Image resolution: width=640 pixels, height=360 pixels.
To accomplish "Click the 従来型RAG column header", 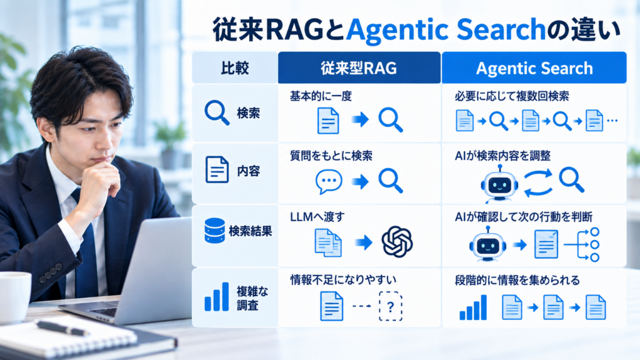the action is point(359,67).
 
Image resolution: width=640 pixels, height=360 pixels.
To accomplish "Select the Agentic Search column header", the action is point(534,67).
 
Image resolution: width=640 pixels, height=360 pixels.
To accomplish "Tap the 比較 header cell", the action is point(235,67).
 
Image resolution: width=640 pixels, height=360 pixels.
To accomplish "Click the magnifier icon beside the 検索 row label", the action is point(217,112).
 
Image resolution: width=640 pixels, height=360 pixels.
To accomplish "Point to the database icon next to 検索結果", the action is point(215,231).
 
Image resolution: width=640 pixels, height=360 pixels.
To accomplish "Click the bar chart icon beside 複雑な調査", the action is point(217,297).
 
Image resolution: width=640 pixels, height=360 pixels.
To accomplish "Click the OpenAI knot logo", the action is point(397,242).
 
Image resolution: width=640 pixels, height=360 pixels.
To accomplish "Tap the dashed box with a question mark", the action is point(391,306).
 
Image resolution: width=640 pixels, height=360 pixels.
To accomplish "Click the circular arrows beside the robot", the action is point(538,182).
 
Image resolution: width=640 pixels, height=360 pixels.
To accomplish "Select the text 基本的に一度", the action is point(321,96).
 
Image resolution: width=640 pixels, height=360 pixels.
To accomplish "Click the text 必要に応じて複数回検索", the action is point(512,96).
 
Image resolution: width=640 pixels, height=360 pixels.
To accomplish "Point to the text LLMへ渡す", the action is point(317,217).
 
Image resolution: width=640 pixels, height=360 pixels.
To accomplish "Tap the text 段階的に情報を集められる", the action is point(517,281).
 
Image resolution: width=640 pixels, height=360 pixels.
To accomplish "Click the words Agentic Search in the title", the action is point(446,30).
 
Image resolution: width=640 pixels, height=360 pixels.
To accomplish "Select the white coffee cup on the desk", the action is point(15,297).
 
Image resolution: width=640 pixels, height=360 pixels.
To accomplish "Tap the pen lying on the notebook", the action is point(63,327).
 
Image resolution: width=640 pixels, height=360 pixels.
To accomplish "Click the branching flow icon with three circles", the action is point(582,244).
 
